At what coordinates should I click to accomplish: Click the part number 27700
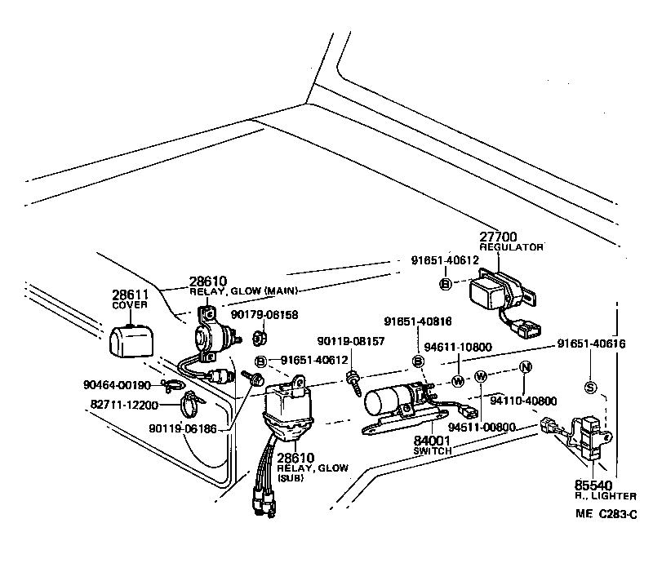498,237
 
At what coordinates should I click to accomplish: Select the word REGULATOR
511,247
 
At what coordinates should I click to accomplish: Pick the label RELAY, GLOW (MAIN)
230,291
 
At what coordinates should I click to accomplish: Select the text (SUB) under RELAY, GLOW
291,479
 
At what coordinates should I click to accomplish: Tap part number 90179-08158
264,314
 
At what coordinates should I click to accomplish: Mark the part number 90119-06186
183,428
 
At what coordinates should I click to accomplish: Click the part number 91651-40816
419,321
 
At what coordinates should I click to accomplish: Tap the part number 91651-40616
593,344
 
